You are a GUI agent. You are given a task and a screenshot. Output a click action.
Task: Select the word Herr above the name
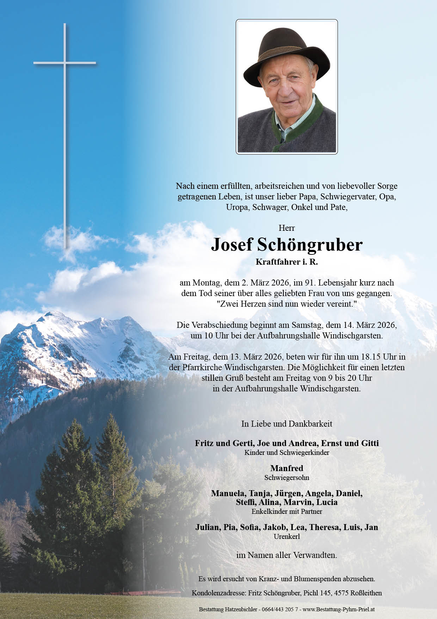coord(287,228)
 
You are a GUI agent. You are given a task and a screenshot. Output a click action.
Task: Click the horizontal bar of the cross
coord(64,63)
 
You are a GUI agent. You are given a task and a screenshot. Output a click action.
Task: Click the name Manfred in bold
coord(287,468)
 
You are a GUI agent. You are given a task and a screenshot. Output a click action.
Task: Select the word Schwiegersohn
coord(287,477)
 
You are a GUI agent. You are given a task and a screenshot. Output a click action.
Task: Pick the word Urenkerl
coord(287,536)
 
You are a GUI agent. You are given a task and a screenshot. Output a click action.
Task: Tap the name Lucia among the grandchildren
coord(327,502)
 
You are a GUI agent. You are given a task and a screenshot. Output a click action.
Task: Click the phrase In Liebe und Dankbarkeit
coord(287,424)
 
